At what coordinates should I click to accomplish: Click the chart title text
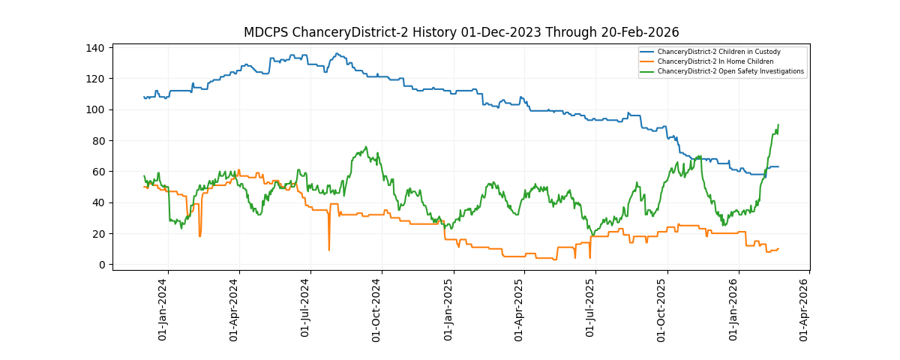[x=461, y=32]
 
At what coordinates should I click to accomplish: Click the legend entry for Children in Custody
[x=718, y=52]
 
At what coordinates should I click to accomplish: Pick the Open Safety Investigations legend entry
[x=730, y=71]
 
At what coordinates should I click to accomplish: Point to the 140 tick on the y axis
[x=95, y=48]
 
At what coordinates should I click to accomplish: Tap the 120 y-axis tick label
[x=95, y=79]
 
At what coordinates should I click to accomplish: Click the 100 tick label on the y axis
[x=95, y=110]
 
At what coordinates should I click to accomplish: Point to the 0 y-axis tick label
[x=100, y=265]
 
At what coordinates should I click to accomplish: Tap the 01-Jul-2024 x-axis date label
[x=305, y=310]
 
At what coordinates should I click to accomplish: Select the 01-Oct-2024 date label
[x=377, y=310]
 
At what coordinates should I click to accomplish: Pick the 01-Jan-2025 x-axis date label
[x=448, y=310]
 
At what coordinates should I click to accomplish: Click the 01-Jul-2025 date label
[x=589, y=310]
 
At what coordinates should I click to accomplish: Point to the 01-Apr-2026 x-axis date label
[x=804, y=310]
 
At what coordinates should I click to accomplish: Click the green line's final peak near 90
[x=778, y=125]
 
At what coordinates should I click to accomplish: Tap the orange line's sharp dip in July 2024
[x=328, y=250]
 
